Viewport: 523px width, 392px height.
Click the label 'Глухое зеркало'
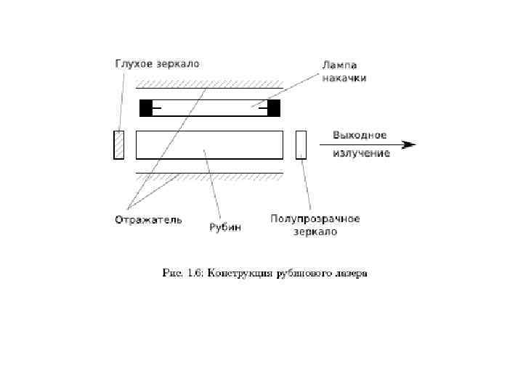(157, 63)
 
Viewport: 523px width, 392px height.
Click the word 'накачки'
(344, 77)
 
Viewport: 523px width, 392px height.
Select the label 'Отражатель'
(148, 219)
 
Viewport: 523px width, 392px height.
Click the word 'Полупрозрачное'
(315, 219)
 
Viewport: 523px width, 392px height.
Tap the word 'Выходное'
(360, 135)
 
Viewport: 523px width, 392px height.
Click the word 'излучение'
(361, 152)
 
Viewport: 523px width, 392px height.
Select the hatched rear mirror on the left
(119, 144)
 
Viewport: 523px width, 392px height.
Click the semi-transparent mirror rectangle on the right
(301, 144)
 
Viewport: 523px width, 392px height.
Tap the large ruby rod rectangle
(209, 144)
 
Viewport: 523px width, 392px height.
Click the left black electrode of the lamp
(146, 108)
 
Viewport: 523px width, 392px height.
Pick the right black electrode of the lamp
(274, 108)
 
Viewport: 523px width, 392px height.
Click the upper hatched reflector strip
(209, 85)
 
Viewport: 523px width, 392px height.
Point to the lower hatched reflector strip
(209, 177)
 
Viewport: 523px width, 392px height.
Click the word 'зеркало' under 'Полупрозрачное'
(315, 232)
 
